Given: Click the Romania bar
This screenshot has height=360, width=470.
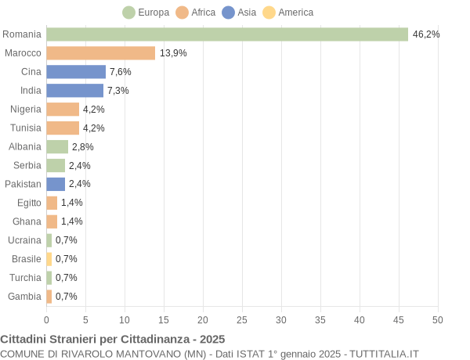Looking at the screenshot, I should coord(227,34).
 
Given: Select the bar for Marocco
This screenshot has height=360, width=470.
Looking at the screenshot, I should coord(100,53).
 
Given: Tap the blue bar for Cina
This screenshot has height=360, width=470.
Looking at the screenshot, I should coord(76,72).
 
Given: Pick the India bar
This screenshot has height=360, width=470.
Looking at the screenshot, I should coord(74,91).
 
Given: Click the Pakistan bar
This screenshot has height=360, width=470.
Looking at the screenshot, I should coord(56,184).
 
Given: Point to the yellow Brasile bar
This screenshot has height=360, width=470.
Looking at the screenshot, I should coord(49,259).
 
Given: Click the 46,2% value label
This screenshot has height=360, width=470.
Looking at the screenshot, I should coord(426,34).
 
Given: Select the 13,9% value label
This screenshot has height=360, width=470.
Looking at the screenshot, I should coord(173,53).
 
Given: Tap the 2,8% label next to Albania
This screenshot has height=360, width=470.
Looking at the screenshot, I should coord(82,146).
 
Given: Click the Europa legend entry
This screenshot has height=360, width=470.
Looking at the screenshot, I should coord(146,13).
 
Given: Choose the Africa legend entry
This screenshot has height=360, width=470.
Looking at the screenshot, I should coord(196,13).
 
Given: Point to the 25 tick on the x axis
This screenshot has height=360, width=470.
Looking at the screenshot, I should coord(242,320).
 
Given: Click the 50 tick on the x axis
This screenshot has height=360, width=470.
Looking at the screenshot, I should coord(438,320).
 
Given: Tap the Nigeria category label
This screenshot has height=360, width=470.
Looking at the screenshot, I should coord(26,109).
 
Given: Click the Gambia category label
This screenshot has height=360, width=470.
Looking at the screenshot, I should coord(24,296).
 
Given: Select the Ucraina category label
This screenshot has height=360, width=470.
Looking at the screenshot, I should coord(24,240).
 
